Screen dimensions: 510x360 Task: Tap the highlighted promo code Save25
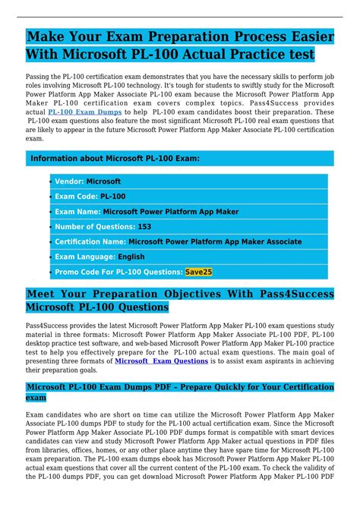(x=199, y=271)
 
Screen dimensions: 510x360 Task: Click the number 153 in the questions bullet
(x=144, y=226)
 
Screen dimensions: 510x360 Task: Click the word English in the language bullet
(x=131, y=257)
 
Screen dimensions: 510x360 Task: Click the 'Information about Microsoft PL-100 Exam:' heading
(x=115, y=159)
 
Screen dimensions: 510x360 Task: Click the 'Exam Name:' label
(x=77, y=212)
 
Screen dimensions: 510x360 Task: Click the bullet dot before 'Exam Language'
(x=51, y=257)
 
